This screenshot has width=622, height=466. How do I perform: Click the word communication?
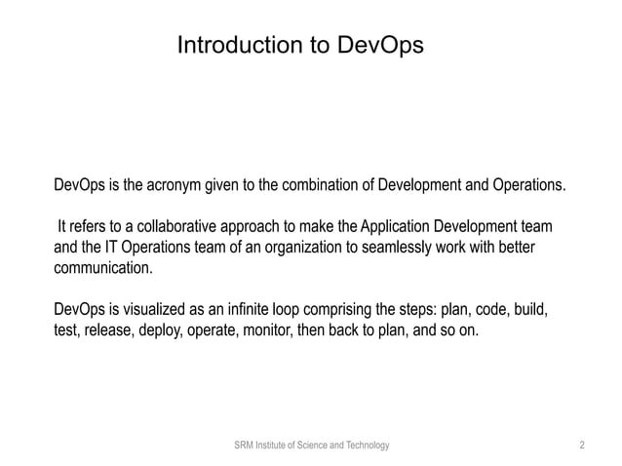101,268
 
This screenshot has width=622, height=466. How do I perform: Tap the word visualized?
156,311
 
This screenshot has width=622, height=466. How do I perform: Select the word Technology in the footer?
365,446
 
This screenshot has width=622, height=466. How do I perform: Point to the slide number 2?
582,446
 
